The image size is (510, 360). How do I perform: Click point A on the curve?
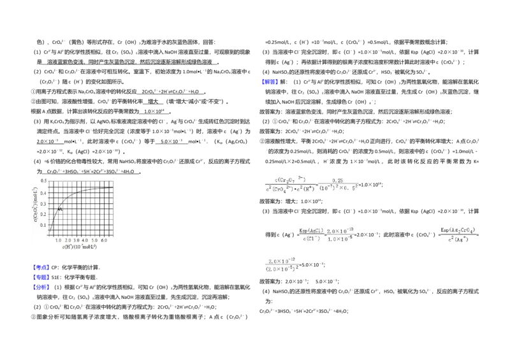click(x=59, y=209)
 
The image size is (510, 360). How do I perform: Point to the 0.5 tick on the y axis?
click(x=43, y=181)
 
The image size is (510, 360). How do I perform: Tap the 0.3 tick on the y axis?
click(x=43, y=203)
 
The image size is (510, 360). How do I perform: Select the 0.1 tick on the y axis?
click(x=43, y=225)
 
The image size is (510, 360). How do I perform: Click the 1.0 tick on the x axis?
click(x=58, y=240)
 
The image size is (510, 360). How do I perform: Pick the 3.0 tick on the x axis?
click(x=76, y=240)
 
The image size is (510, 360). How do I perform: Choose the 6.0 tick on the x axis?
click(x=104, y=240)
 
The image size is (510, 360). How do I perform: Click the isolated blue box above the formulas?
click(x=270, y=82)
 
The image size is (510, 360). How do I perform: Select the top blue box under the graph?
click(x=41, y=267)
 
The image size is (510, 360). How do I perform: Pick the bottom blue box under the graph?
click(x=41, y=287)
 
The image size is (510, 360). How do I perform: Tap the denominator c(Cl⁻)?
click(x=311, y=238)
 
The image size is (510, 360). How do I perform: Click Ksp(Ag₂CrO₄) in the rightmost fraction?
click(x=459, y=229)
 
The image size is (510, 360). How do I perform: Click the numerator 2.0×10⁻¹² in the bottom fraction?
click(x=280, y=261)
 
